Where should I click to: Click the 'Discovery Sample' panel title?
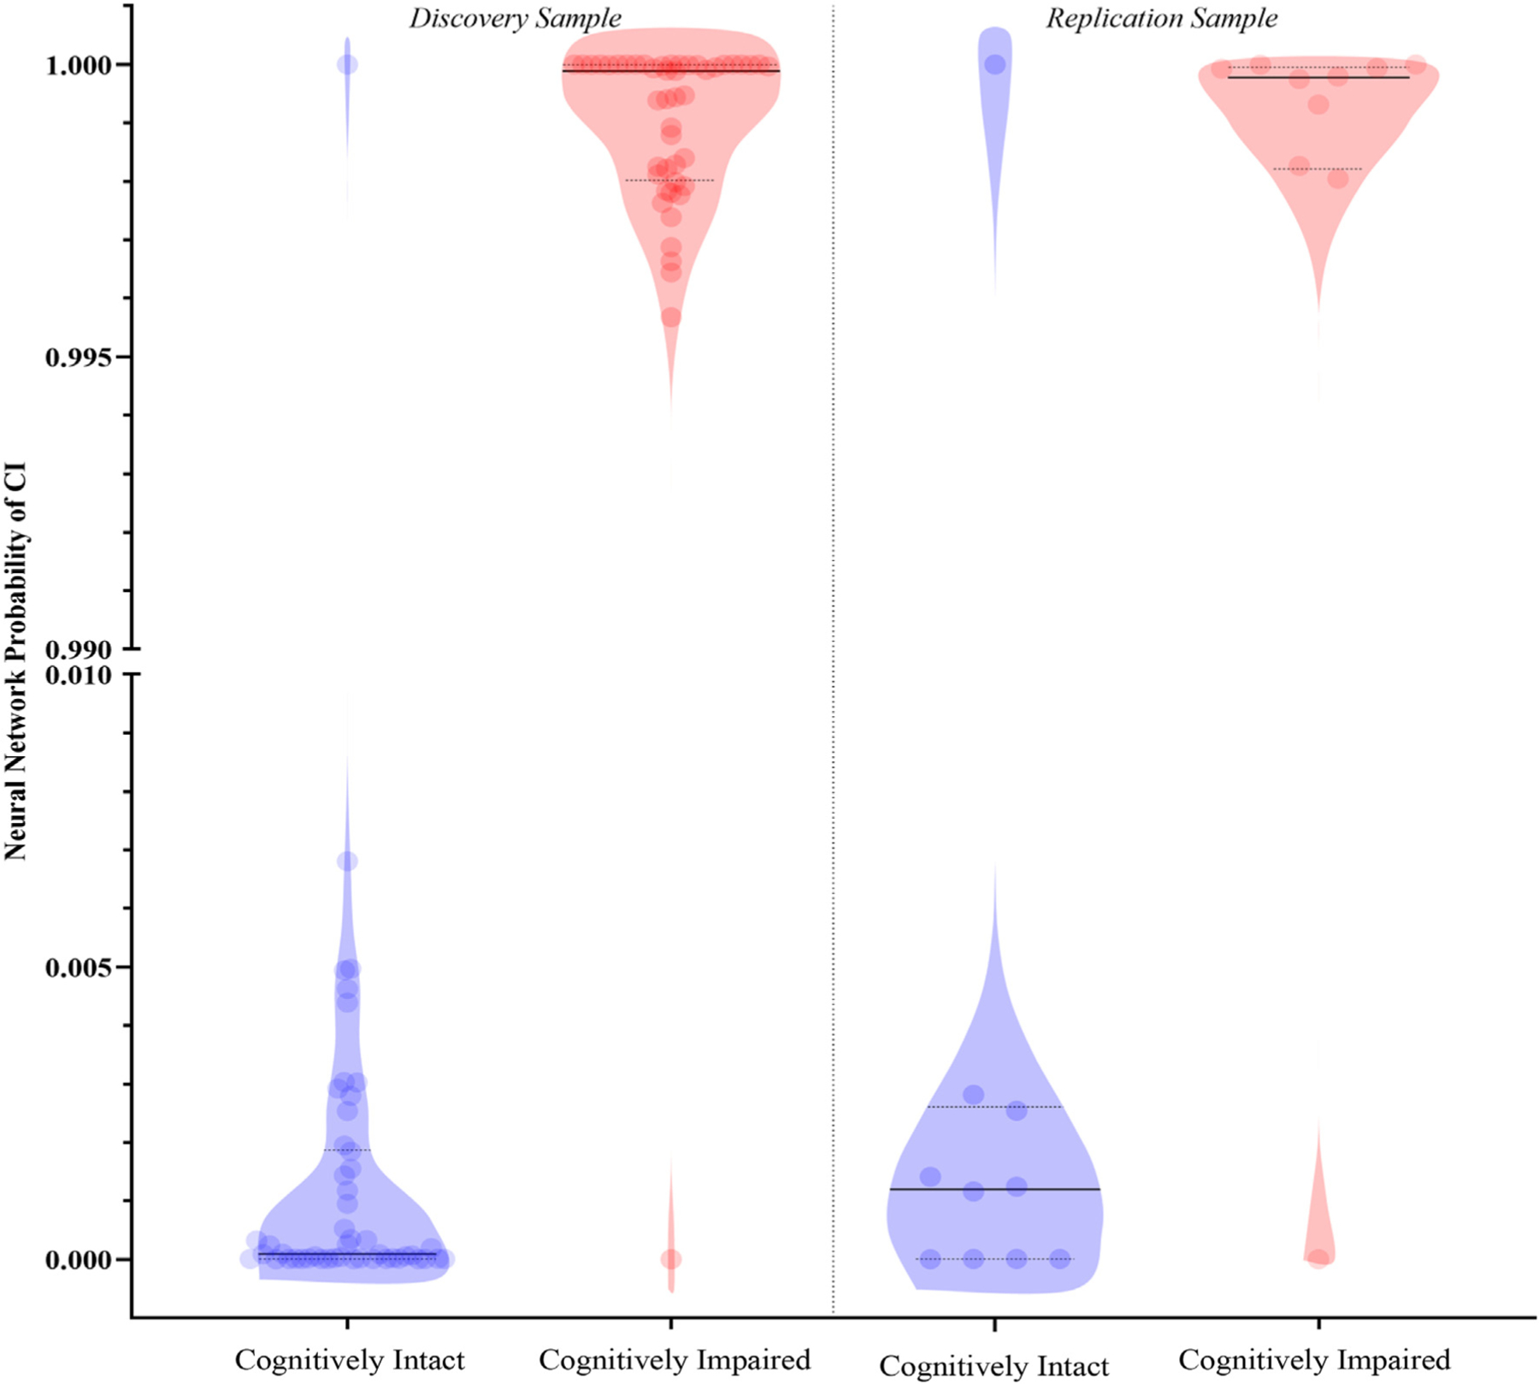[515, 18]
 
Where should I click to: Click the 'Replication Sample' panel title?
[1161, 18]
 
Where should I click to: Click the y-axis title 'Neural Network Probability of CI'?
[16, 661]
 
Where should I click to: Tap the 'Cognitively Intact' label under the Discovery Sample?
[350, 1359]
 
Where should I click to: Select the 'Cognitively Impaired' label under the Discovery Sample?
[674, 1359]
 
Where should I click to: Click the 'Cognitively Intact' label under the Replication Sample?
[994, 1365]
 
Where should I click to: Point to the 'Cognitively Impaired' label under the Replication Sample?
[1314, 1359]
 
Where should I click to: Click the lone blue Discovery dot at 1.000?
[347, 64]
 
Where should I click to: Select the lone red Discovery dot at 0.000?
[671, 1259]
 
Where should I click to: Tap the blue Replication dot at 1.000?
[995, 64]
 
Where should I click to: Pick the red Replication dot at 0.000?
[1318, 1258]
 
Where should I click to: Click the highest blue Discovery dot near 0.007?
[347, 861]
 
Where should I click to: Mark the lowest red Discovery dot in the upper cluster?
[671, 317]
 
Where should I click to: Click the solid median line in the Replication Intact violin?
[994, 1189]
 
